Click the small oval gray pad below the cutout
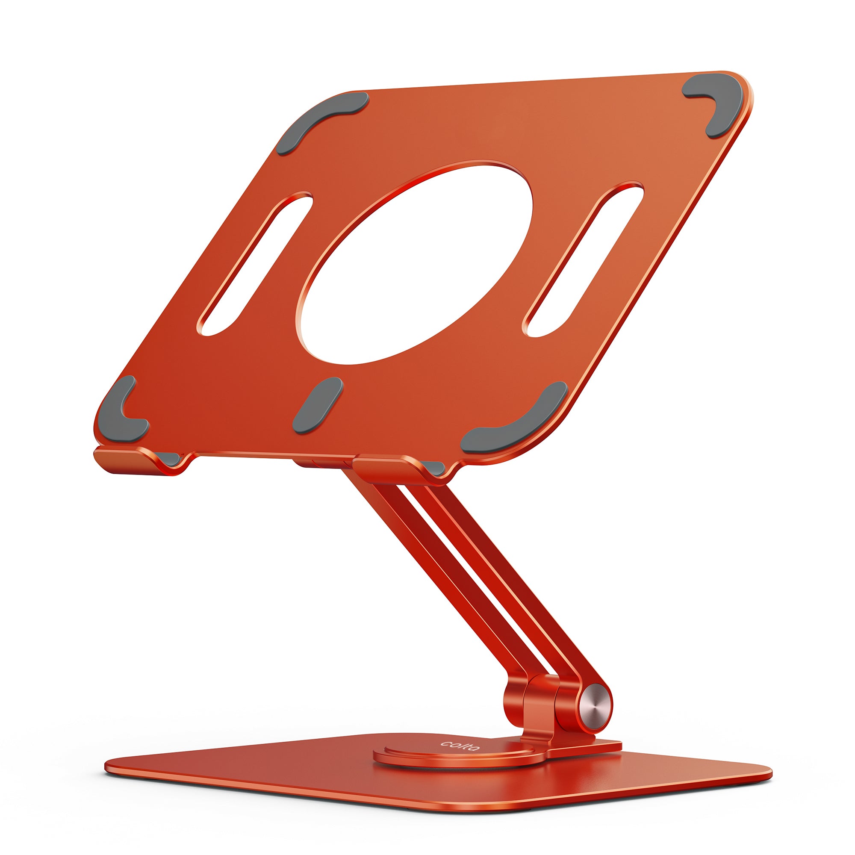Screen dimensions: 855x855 [x=317, y=405]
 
